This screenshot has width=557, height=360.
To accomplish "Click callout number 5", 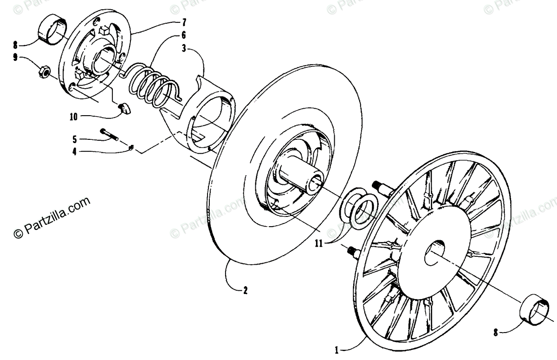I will [x=74, y=139].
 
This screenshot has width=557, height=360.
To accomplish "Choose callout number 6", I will [x=184, y=35].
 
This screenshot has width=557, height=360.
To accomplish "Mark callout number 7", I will [x=184, y=22].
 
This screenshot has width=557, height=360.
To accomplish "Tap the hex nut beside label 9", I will [x=43, y=72].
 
